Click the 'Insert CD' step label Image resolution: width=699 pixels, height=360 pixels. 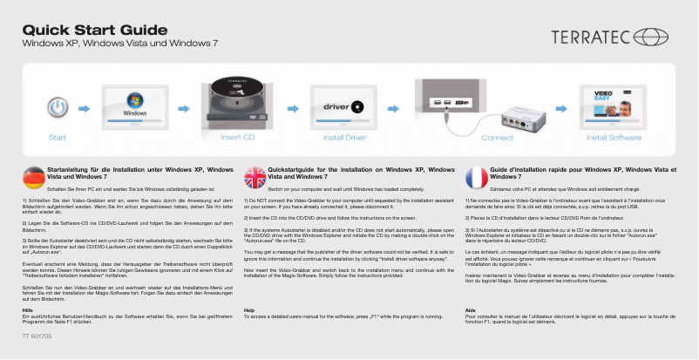pos(238,138)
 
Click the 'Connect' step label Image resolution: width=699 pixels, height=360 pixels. pos(498,138)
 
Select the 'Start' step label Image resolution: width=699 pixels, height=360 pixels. pos(57,138)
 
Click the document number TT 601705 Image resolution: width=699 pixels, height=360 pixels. pos(37,335)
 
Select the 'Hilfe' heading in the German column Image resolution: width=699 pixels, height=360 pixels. pos(28,310)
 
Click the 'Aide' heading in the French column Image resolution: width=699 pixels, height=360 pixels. pos(472,310)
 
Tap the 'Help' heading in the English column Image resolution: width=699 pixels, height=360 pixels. pos(250,310)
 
